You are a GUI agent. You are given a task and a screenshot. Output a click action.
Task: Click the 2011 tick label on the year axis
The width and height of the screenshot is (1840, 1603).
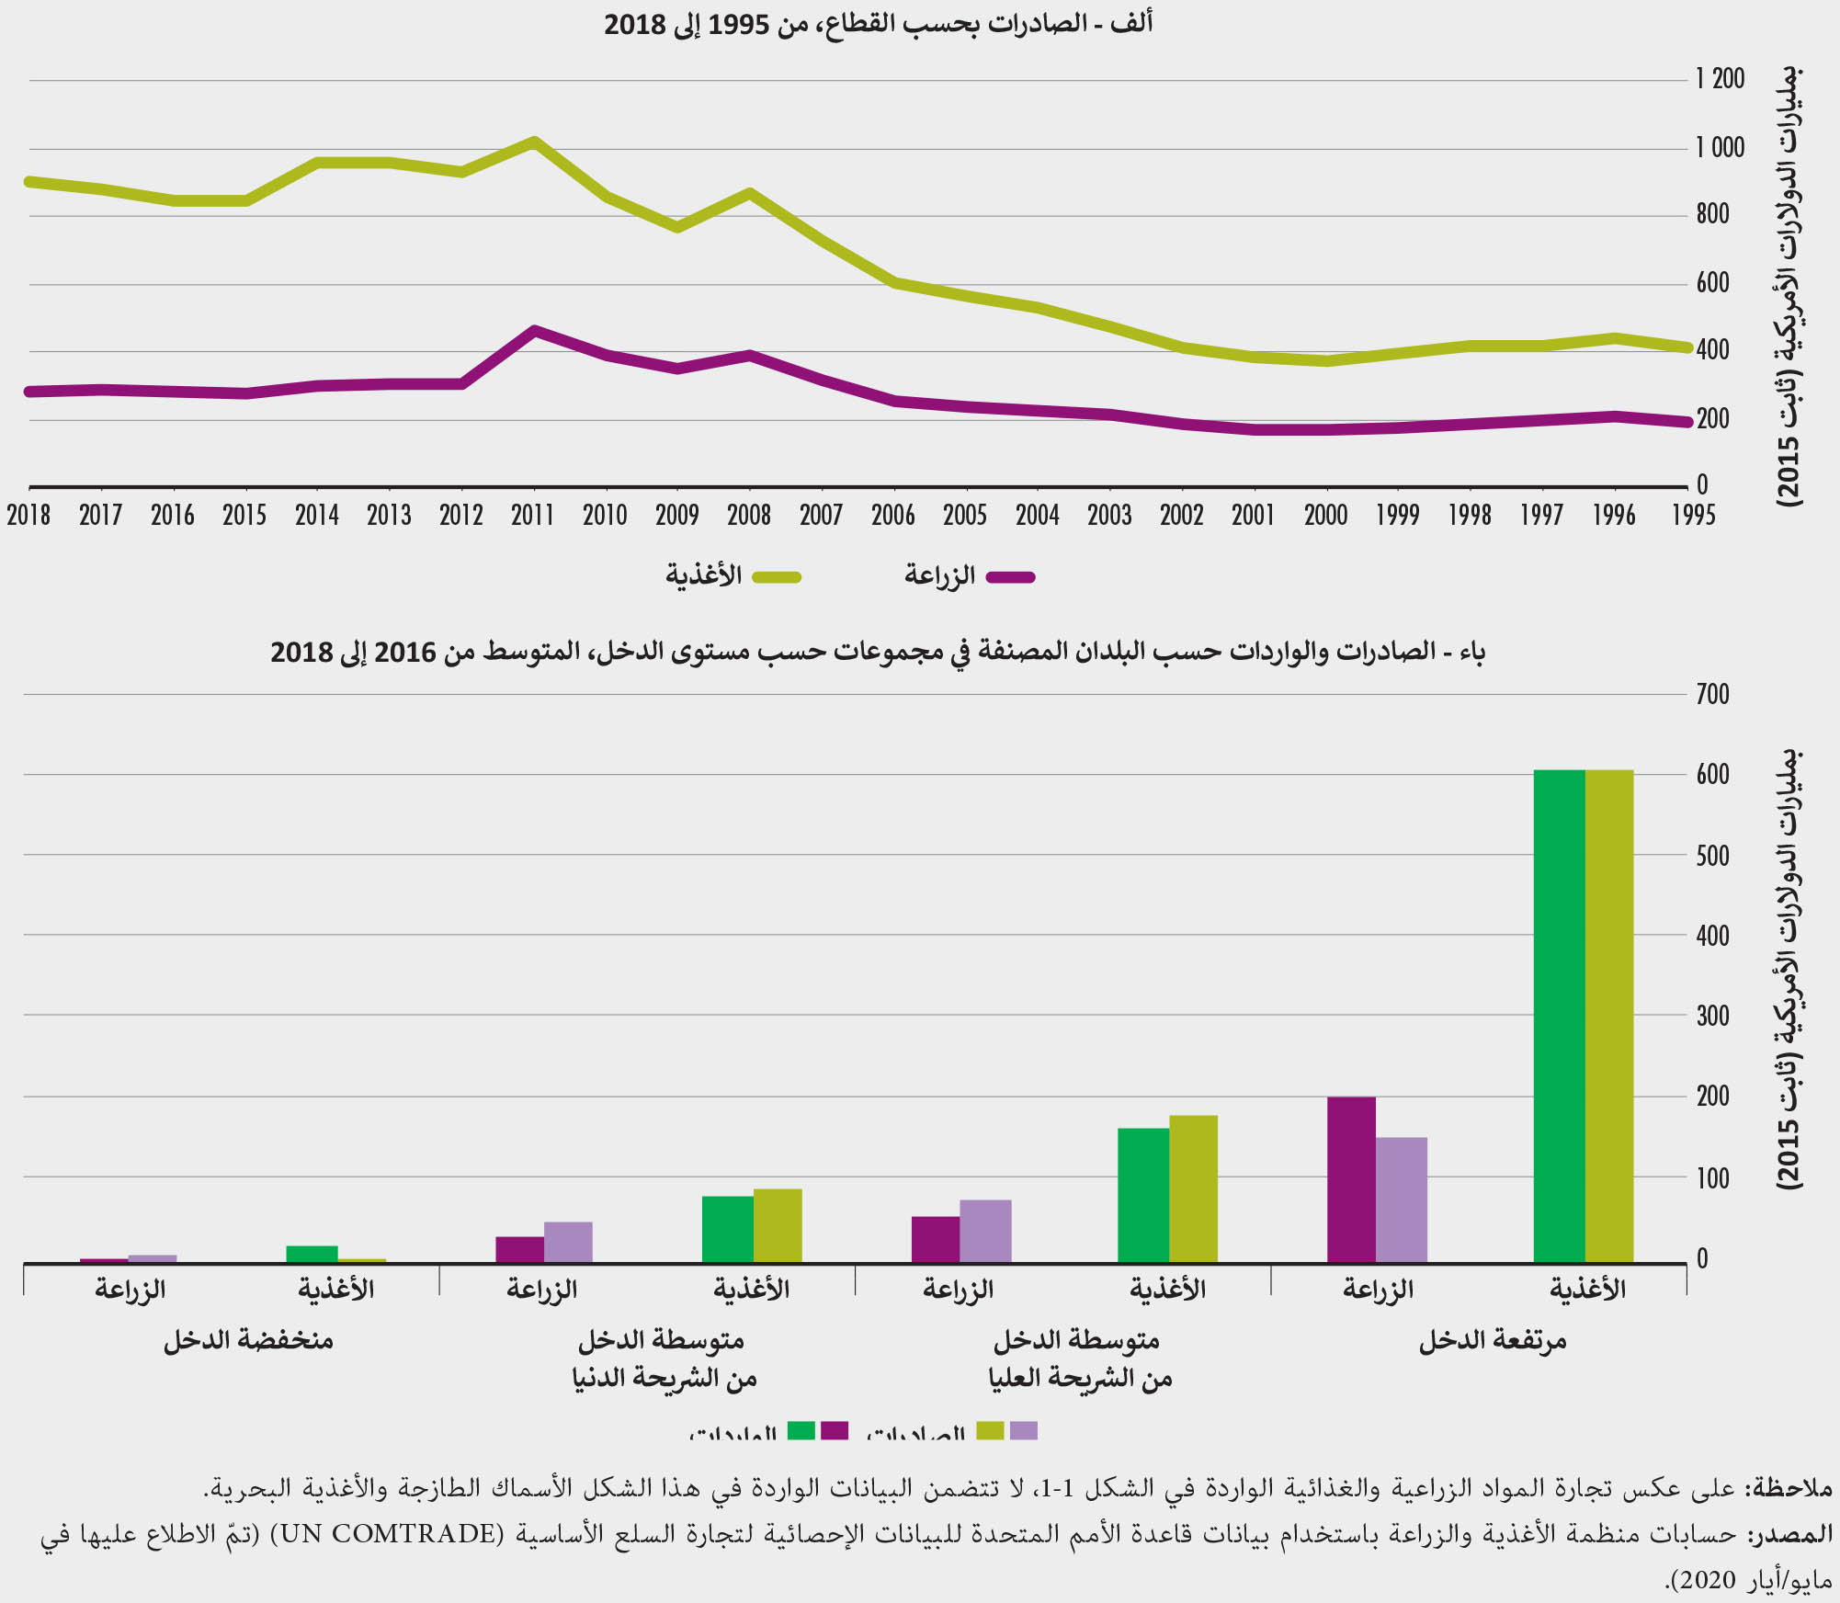(533, 515)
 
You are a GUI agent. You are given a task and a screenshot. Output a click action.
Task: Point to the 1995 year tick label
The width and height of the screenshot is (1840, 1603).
(1694, 515)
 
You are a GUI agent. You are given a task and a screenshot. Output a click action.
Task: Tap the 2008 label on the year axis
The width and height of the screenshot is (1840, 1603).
(749, 515)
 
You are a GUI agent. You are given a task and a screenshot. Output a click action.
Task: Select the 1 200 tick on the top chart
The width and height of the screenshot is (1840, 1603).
(1721, 79)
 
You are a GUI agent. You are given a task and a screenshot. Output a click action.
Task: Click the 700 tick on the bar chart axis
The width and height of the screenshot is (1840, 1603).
(1713, 694)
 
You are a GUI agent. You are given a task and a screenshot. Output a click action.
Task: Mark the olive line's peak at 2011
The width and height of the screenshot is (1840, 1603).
(533, 142)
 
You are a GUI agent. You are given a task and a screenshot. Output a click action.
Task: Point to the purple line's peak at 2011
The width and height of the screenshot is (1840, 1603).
(535, 330)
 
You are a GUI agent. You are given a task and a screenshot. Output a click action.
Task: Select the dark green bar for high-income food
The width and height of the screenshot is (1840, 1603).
(1559, 1016)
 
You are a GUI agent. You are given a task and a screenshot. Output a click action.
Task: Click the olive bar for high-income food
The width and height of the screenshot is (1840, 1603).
(1609, 1016)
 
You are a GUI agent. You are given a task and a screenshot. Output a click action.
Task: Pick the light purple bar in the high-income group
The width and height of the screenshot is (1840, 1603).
(1402, 1199)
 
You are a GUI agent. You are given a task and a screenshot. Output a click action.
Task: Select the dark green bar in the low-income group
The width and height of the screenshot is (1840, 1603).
(312, 1254)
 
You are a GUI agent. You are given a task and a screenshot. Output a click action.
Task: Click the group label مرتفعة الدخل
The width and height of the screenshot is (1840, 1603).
(1493, 1341)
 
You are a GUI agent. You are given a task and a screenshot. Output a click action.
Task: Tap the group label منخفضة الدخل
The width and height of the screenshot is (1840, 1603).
(248, 1341)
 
